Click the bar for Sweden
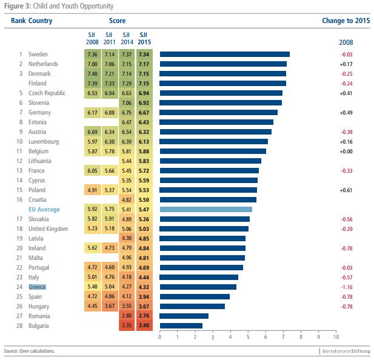point(224,54)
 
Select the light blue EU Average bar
point(205,209)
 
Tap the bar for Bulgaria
point(181,325)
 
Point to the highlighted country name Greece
point(38,287)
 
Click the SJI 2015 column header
point(143,38)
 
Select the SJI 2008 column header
point(93,38)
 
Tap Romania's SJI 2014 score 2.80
point(126,316)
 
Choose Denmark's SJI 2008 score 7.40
point(92,73)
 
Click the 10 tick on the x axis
point(335,336)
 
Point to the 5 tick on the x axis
point(247,336)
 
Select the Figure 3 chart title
point(58,5)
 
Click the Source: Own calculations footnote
point(28,352)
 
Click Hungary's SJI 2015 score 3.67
point(143,306)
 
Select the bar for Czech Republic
point(221,93)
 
